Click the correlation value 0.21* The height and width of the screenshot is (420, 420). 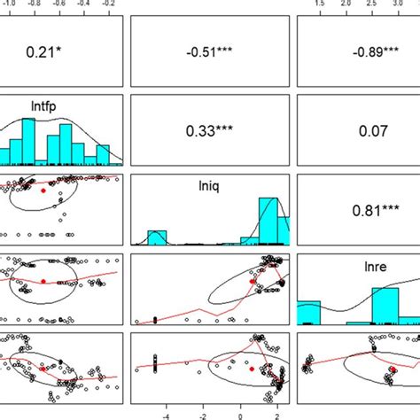point(61,52)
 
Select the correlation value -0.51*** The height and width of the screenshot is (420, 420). point(207,52)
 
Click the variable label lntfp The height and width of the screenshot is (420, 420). point(62,113)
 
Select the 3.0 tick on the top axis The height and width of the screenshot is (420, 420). point(395,3)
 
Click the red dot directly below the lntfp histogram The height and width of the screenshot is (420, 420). point(43,190)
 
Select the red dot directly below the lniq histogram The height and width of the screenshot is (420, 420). point(253,280)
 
